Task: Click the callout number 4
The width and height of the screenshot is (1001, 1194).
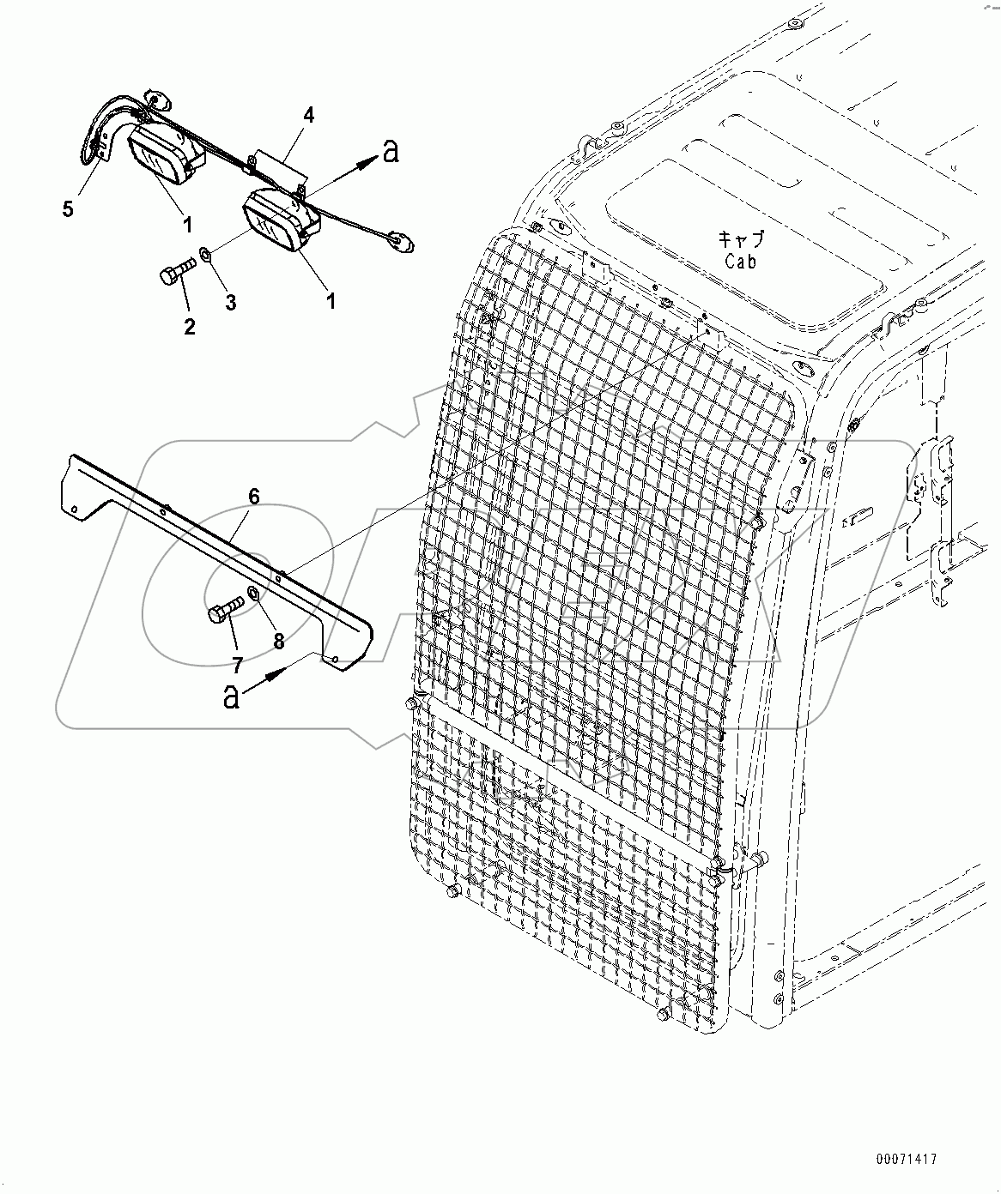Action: point(308,115)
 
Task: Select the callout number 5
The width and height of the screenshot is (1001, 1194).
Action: point(68,208)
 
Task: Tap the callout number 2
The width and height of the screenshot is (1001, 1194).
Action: point(189,326)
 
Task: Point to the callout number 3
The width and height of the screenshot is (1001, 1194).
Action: point(231,302)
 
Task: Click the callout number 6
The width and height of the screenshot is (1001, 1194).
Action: point(254,496)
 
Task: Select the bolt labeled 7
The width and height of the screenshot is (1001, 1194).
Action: point(225,611)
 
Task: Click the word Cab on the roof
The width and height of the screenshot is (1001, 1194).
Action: point(740,262)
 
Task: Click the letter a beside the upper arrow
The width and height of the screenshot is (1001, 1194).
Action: point(391,152)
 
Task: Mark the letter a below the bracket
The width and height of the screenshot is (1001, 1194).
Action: point(231,697)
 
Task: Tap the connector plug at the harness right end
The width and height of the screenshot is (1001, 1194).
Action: point(400,242)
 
